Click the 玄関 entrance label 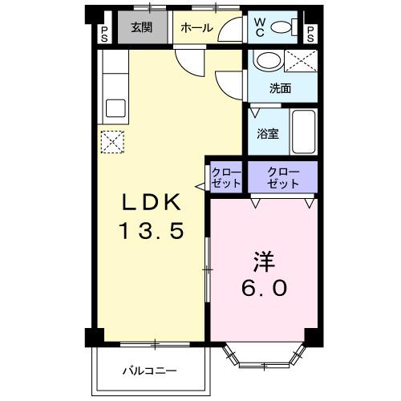tap(141, 27)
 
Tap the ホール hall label tap(196, 28)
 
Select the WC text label tap(260, 27)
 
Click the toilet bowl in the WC tap(282, 27)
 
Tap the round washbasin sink tap(265, 60)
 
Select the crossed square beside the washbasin tap(301, 60)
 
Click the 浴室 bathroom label tap(268, 133)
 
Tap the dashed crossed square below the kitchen tap(112, 144)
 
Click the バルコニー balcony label tap(149, 371)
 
